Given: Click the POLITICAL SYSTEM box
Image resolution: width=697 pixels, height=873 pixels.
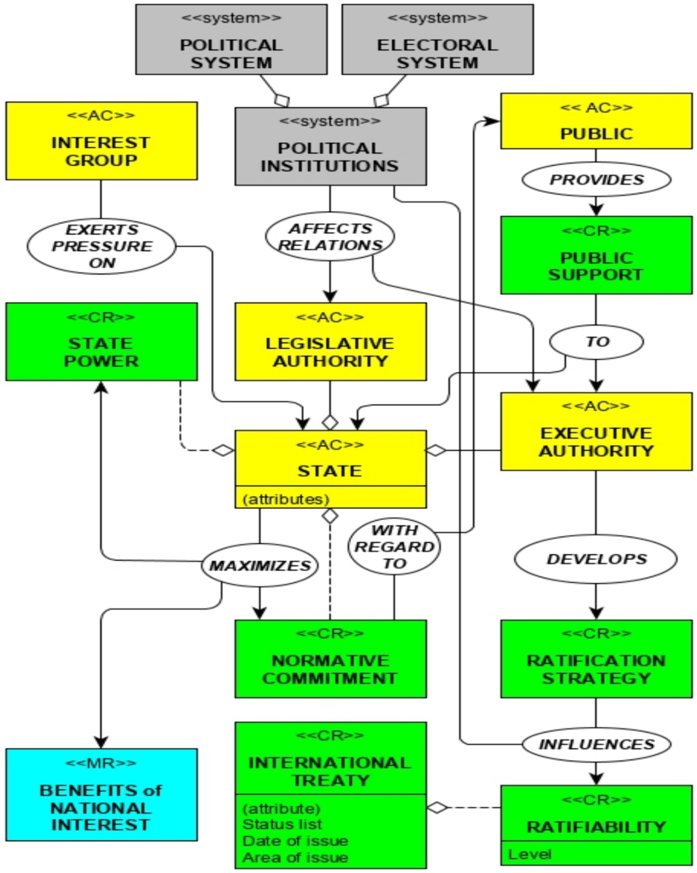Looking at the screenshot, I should tap(231, 40).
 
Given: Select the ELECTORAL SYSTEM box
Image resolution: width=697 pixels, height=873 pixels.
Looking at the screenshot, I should tap(437, 40).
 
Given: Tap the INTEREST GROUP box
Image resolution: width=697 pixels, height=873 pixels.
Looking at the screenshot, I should tap(101, 141).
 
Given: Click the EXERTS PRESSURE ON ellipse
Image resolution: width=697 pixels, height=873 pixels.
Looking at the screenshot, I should tap(101, 246).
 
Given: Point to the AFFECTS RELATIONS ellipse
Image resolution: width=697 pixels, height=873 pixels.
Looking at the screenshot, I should tap(330, 237).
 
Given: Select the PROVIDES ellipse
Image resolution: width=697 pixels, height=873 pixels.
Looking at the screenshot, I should tap(596, 180).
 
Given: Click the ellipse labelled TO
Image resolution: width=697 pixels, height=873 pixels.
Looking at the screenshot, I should tap(596, 341).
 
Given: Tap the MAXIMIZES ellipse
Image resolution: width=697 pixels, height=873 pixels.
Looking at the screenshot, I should tap(260, 566).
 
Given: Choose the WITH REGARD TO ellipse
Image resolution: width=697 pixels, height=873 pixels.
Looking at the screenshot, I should tap(394, 546).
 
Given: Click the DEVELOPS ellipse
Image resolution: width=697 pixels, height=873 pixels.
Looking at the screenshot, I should tap(596, 559).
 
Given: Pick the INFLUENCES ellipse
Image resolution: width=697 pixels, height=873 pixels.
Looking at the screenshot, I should tap(596, 744).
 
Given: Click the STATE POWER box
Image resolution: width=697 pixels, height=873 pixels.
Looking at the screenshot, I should tap(101, 342).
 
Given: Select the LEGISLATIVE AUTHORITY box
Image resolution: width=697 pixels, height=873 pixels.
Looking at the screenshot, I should tap(330, 342).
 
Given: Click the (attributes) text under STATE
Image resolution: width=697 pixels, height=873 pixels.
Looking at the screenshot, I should tap(286, 499).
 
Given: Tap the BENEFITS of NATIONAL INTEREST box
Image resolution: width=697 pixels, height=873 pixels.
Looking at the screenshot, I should tap(101, 795).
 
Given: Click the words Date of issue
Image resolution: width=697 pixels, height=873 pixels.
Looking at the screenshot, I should tap(295, 841).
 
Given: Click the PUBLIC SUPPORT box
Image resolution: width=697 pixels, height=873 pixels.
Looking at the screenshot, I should tap(596, 255).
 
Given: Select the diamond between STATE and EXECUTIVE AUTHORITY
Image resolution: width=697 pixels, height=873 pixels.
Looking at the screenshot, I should tap(436, 450).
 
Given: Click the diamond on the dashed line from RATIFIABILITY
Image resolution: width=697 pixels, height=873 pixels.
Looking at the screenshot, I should tap(437, 808).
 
